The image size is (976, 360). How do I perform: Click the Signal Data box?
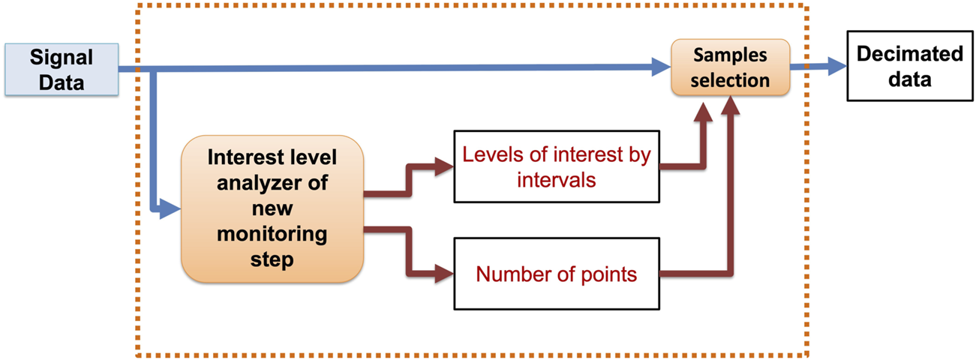61,70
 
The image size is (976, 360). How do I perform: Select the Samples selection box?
730,67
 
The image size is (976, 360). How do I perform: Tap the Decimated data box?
909,67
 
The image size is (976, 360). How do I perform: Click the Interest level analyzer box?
272,208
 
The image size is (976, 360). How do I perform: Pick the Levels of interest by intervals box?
557,166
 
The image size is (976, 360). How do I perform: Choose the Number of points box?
557,274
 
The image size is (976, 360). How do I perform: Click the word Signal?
62,58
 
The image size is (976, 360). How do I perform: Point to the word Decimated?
909,55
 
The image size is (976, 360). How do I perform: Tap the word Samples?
730,56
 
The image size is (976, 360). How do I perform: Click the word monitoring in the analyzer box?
272,234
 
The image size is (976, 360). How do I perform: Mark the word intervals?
557,179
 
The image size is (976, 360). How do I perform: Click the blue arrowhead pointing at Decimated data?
838,67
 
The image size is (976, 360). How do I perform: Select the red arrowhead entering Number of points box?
445,274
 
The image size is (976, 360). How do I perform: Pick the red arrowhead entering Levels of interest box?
445,166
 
